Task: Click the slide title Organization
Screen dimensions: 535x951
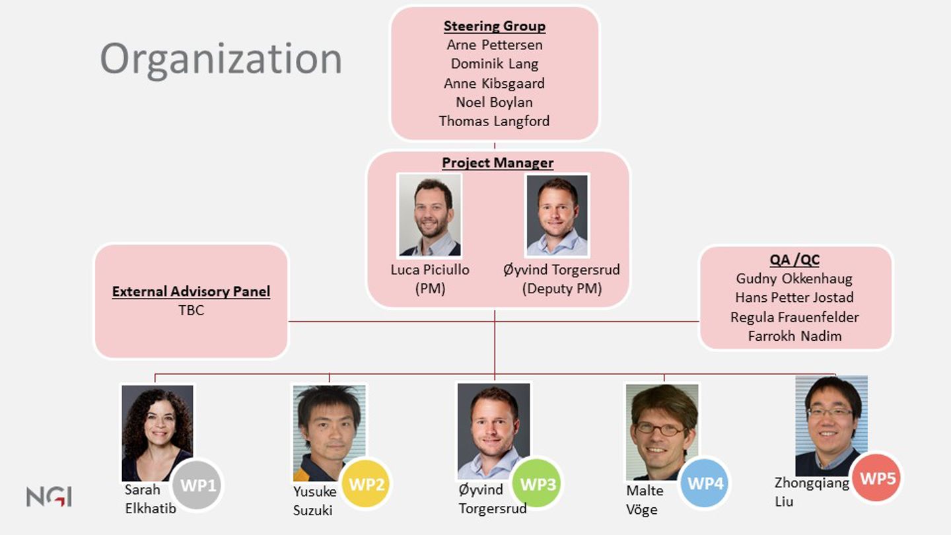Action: coord(221,59)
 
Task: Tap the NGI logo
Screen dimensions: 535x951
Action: coord(49,496)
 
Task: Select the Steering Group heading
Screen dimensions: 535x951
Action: coord(494,26)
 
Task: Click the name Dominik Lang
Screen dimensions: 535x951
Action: coord(494,64)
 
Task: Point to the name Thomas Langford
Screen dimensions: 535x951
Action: coord(494,121)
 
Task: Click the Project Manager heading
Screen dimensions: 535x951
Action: coord(497,162)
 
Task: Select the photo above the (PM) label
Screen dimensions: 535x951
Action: coord(430,215)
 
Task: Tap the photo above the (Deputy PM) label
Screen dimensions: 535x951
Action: coord(557,215)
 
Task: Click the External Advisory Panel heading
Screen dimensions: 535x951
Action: coord(191,291)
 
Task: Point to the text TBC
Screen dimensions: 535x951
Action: coord(191,310)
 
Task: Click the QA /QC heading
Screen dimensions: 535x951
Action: coord(794,260)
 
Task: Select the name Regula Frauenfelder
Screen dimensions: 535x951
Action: coord(794,317)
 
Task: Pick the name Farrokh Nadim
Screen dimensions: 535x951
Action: coord(794,336)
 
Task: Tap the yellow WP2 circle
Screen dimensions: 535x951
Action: coord(367,484)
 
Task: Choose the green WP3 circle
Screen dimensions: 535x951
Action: coord(538,484)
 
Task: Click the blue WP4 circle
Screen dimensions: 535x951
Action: coord(705,483)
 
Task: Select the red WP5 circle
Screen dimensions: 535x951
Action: coord(877,478)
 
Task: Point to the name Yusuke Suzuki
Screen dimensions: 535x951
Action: coord(315,501)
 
